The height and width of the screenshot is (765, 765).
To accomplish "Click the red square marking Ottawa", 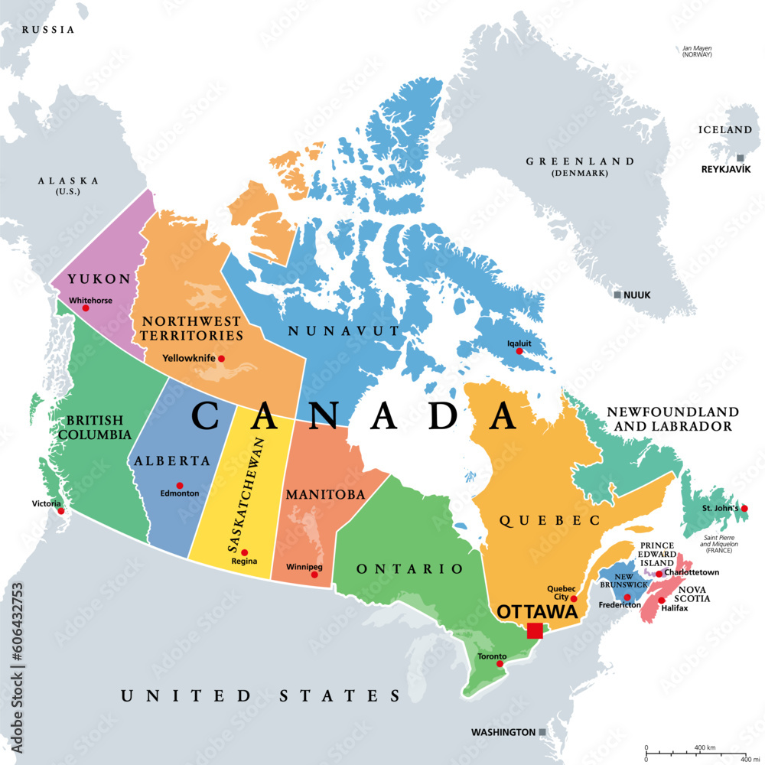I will (x=535, y=630).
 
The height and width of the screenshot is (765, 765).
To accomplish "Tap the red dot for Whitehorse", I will (x=86, y=308).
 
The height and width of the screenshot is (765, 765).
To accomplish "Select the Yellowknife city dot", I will (x=222, y=358).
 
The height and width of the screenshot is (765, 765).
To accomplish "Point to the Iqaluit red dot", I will (x=519, y=351).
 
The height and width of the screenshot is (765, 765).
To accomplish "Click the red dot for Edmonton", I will (x=180, y=485).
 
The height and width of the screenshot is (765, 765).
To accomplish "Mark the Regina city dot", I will (x=245, y=552).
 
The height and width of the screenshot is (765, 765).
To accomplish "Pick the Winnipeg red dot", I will (x=314, y=575).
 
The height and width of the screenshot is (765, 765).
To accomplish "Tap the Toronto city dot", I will (x=500, y=664).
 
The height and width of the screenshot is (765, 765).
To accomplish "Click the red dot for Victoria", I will (x=61, y=511).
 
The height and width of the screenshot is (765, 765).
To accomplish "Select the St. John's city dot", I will (x=744, y=509).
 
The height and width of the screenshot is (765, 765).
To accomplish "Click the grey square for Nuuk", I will (x=617, y=295).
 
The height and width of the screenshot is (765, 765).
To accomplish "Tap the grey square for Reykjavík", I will (x=740, y=158).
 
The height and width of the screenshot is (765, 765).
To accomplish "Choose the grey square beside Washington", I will (x=542, y=732).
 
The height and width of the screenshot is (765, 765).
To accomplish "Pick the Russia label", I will (x=48, y=30).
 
